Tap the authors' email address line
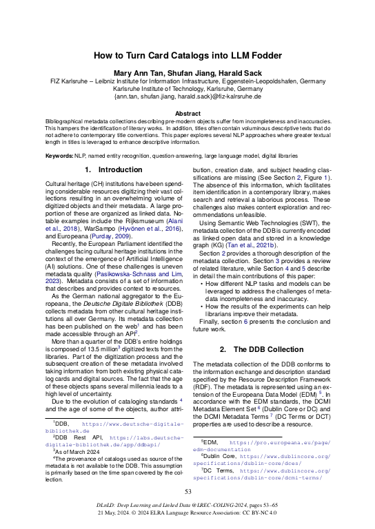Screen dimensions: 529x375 coord(187,97)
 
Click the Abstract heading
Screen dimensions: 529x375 coord(187,113)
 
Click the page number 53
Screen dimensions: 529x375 coord(187,491)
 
